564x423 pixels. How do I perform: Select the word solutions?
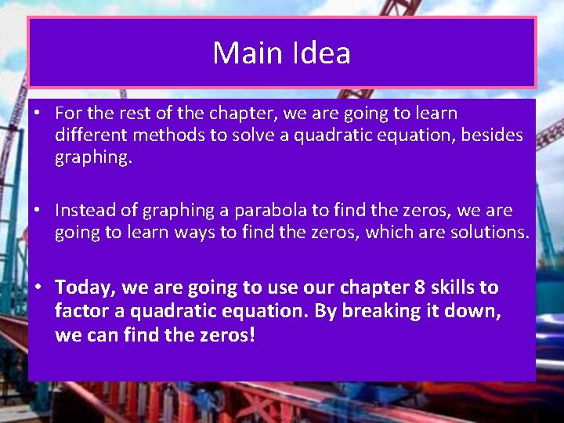(x=486, y=233)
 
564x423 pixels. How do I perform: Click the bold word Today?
(x=85, y=288)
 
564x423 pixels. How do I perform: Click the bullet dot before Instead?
(x=37, y=211)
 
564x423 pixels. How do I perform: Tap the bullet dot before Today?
(x=37, y=288)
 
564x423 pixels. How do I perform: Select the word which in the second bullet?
(x=389, y=233)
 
